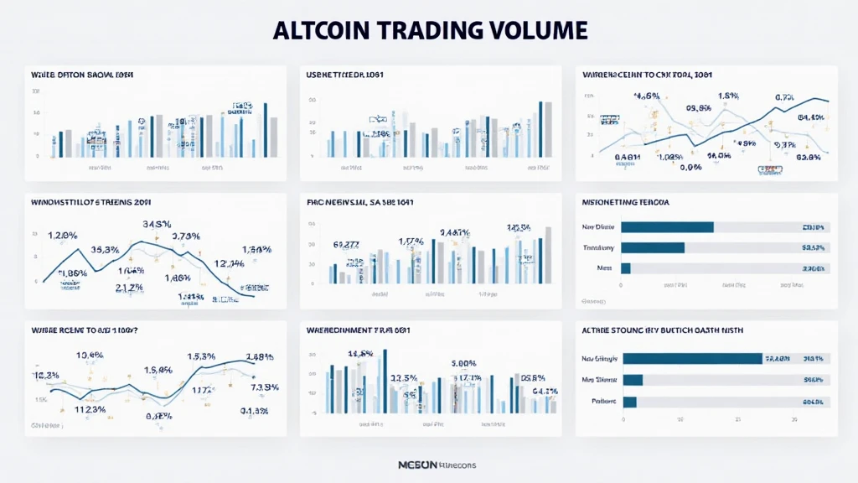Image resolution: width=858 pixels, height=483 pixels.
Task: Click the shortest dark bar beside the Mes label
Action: (x=625, y=268)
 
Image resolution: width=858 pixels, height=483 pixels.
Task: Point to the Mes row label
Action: (x=602, y=268)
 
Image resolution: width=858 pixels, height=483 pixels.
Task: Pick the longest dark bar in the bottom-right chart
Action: (x=692, y=359)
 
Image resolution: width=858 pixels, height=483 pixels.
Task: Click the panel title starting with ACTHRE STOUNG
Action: (x=662, y=330)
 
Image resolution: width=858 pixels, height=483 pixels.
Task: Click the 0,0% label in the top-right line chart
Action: (x=690, y=167)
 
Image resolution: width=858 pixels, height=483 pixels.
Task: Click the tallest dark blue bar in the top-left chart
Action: (x=266, y=130)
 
